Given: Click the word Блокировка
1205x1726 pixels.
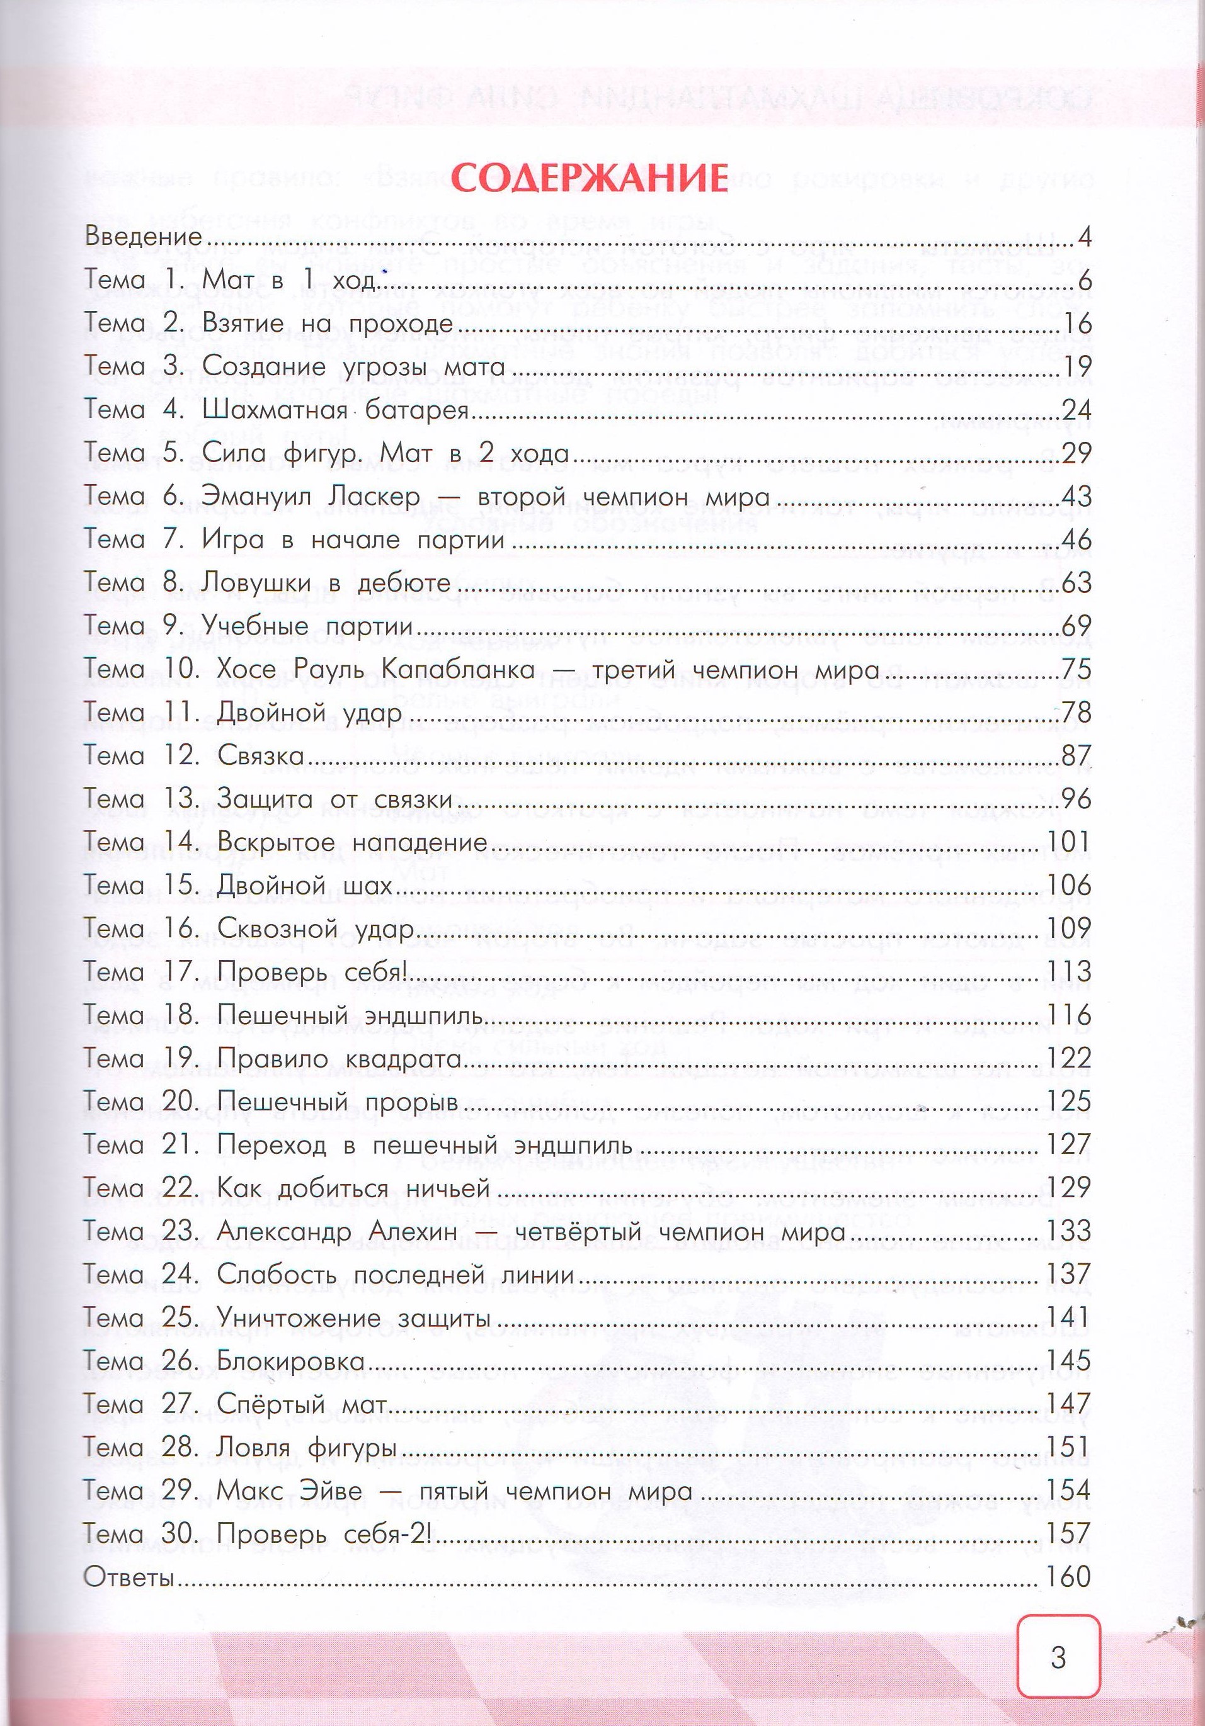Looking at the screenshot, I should click(290, 1362).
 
